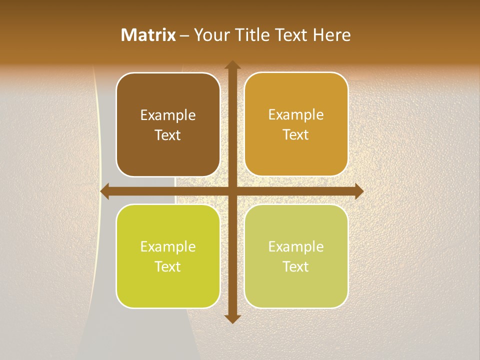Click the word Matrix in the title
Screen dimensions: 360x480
[148, 35]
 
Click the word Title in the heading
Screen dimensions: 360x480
[248, 35]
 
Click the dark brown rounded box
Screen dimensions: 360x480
[168, 150]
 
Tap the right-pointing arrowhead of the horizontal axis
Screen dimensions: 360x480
[359, 191]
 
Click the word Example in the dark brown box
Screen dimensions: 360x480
[168, 115]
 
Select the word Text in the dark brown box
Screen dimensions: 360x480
[168, 135]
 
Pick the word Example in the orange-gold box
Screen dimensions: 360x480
[296, 115]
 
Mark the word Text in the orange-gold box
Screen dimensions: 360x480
[296, 135]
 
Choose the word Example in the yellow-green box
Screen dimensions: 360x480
[168, 247]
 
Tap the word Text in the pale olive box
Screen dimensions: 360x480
[296, 266]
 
